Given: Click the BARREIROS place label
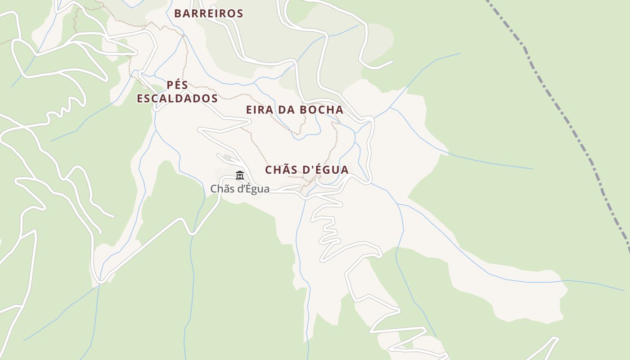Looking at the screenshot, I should pyautogui.click(x=208, y=13).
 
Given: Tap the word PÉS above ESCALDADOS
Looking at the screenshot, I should pyautogui.click(x=177, y=85).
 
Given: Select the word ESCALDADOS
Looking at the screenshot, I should pyautogui.click(x=177, y=99).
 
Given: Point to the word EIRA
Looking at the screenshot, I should pyautogui.click(x=258, y=110).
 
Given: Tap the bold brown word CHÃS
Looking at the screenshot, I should pyautogui.click(x=281, y=170).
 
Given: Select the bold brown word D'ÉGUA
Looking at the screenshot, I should pyautogui.click(x=325, y=170).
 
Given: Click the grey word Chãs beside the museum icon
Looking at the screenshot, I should pyautogui.click(x=222, y=189).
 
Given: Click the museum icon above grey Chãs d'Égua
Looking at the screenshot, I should pyautogui.click(x=240, y=175).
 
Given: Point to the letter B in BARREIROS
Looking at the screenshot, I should pyautogui.click(x=178, y=13).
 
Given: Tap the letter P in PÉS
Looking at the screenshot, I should pyautogui.click(x=170, y=85).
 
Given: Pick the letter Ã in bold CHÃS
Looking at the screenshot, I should pyautogui.click(x=287, y=170).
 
